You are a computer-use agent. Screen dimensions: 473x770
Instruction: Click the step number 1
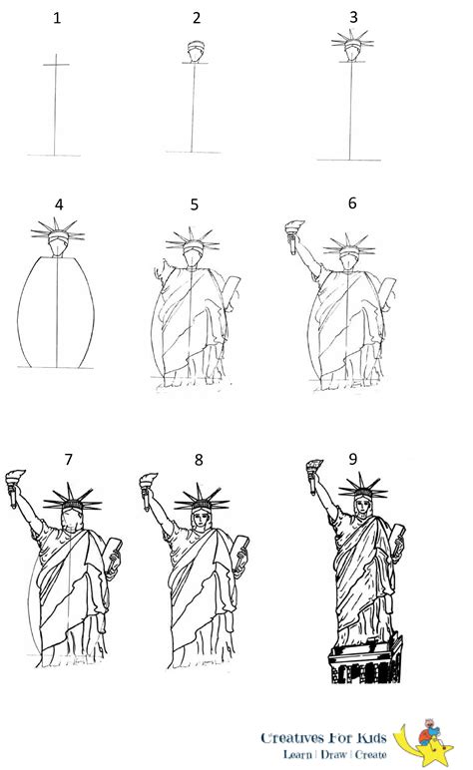coord(57,19)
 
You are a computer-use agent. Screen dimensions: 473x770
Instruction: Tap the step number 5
coord(195,204)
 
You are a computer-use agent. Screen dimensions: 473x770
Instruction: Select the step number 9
coord(352,459)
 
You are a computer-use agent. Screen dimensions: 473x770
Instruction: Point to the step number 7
coord(68,459)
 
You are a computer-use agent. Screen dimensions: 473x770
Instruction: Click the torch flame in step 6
coord(294,226)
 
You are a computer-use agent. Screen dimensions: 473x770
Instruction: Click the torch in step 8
coord(148,491)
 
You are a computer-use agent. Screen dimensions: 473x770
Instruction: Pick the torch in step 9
coord(313,476)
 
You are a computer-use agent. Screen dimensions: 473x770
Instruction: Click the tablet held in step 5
coord(232,292)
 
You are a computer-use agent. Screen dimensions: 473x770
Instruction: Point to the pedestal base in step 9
coord(366,660)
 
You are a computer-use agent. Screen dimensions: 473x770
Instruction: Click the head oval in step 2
coord(196,52)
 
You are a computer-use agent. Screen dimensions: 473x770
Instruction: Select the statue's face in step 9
coord(363,507)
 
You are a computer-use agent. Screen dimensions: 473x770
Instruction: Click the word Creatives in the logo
coord(292,738)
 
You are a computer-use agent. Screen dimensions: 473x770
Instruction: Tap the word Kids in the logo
coord(371,738)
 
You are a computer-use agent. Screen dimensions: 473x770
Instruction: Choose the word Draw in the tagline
coord(333,754)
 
